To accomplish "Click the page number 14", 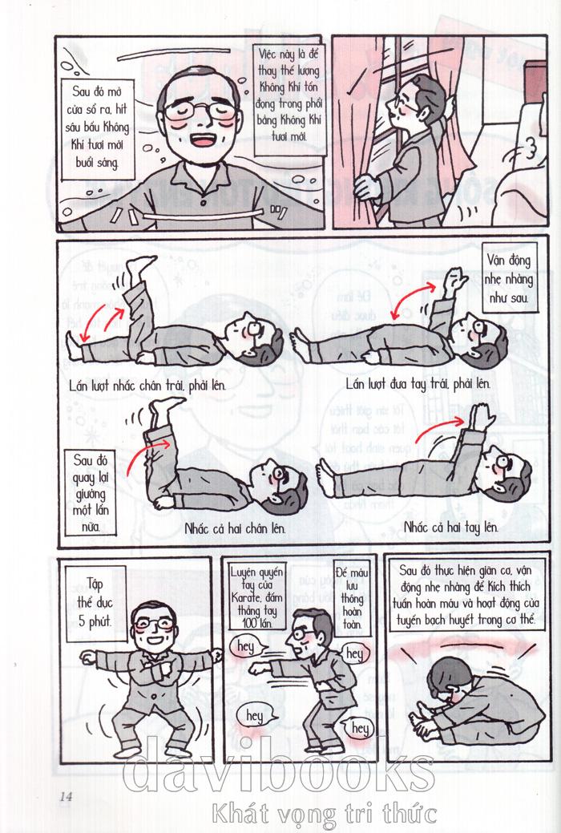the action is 66,796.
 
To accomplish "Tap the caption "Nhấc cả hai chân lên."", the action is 235,528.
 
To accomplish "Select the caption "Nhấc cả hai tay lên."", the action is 450,528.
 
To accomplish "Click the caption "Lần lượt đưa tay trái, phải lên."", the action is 418,383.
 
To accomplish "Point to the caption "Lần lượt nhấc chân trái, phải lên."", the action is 147,385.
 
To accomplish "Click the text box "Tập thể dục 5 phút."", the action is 95,602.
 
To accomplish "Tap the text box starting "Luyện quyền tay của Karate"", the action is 257,596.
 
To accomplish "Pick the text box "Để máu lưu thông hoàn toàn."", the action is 352,596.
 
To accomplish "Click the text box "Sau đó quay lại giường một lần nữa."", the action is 89,492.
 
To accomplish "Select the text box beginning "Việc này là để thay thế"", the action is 289,95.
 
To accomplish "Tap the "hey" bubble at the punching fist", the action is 245,647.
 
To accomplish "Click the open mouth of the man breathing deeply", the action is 203,140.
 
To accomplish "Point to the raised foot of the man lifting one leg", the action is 141,265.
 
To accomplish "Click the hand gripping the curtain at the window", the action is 367,188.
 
